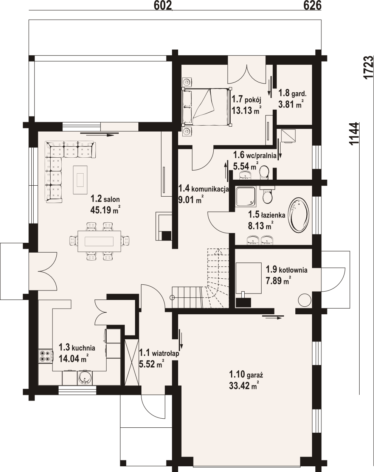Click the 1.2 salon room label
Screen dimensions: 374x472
tap(105, 199)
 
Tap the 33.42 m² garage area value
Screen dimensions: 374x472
tap(243, 386)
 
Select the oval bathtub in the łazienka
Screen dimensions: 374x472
tap(299, 215)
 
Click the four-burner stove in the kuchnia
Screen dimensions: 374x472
tap(46, 356)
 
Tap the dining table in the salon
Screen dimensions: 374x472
tap(99, 241)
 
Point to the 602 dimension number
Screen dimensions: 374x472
tap(163, 5)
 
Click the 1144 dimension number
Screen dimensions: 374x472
tap(354, 134)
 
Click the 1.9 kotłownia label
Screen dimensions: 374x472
tap(287, 270)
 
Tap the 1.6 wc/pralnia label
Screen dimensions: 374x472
tap(255, 155)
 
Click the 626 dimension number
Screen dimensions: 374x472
tap(312, 5)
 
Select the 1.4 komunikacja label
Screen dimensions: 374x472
tap(203, 188)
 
